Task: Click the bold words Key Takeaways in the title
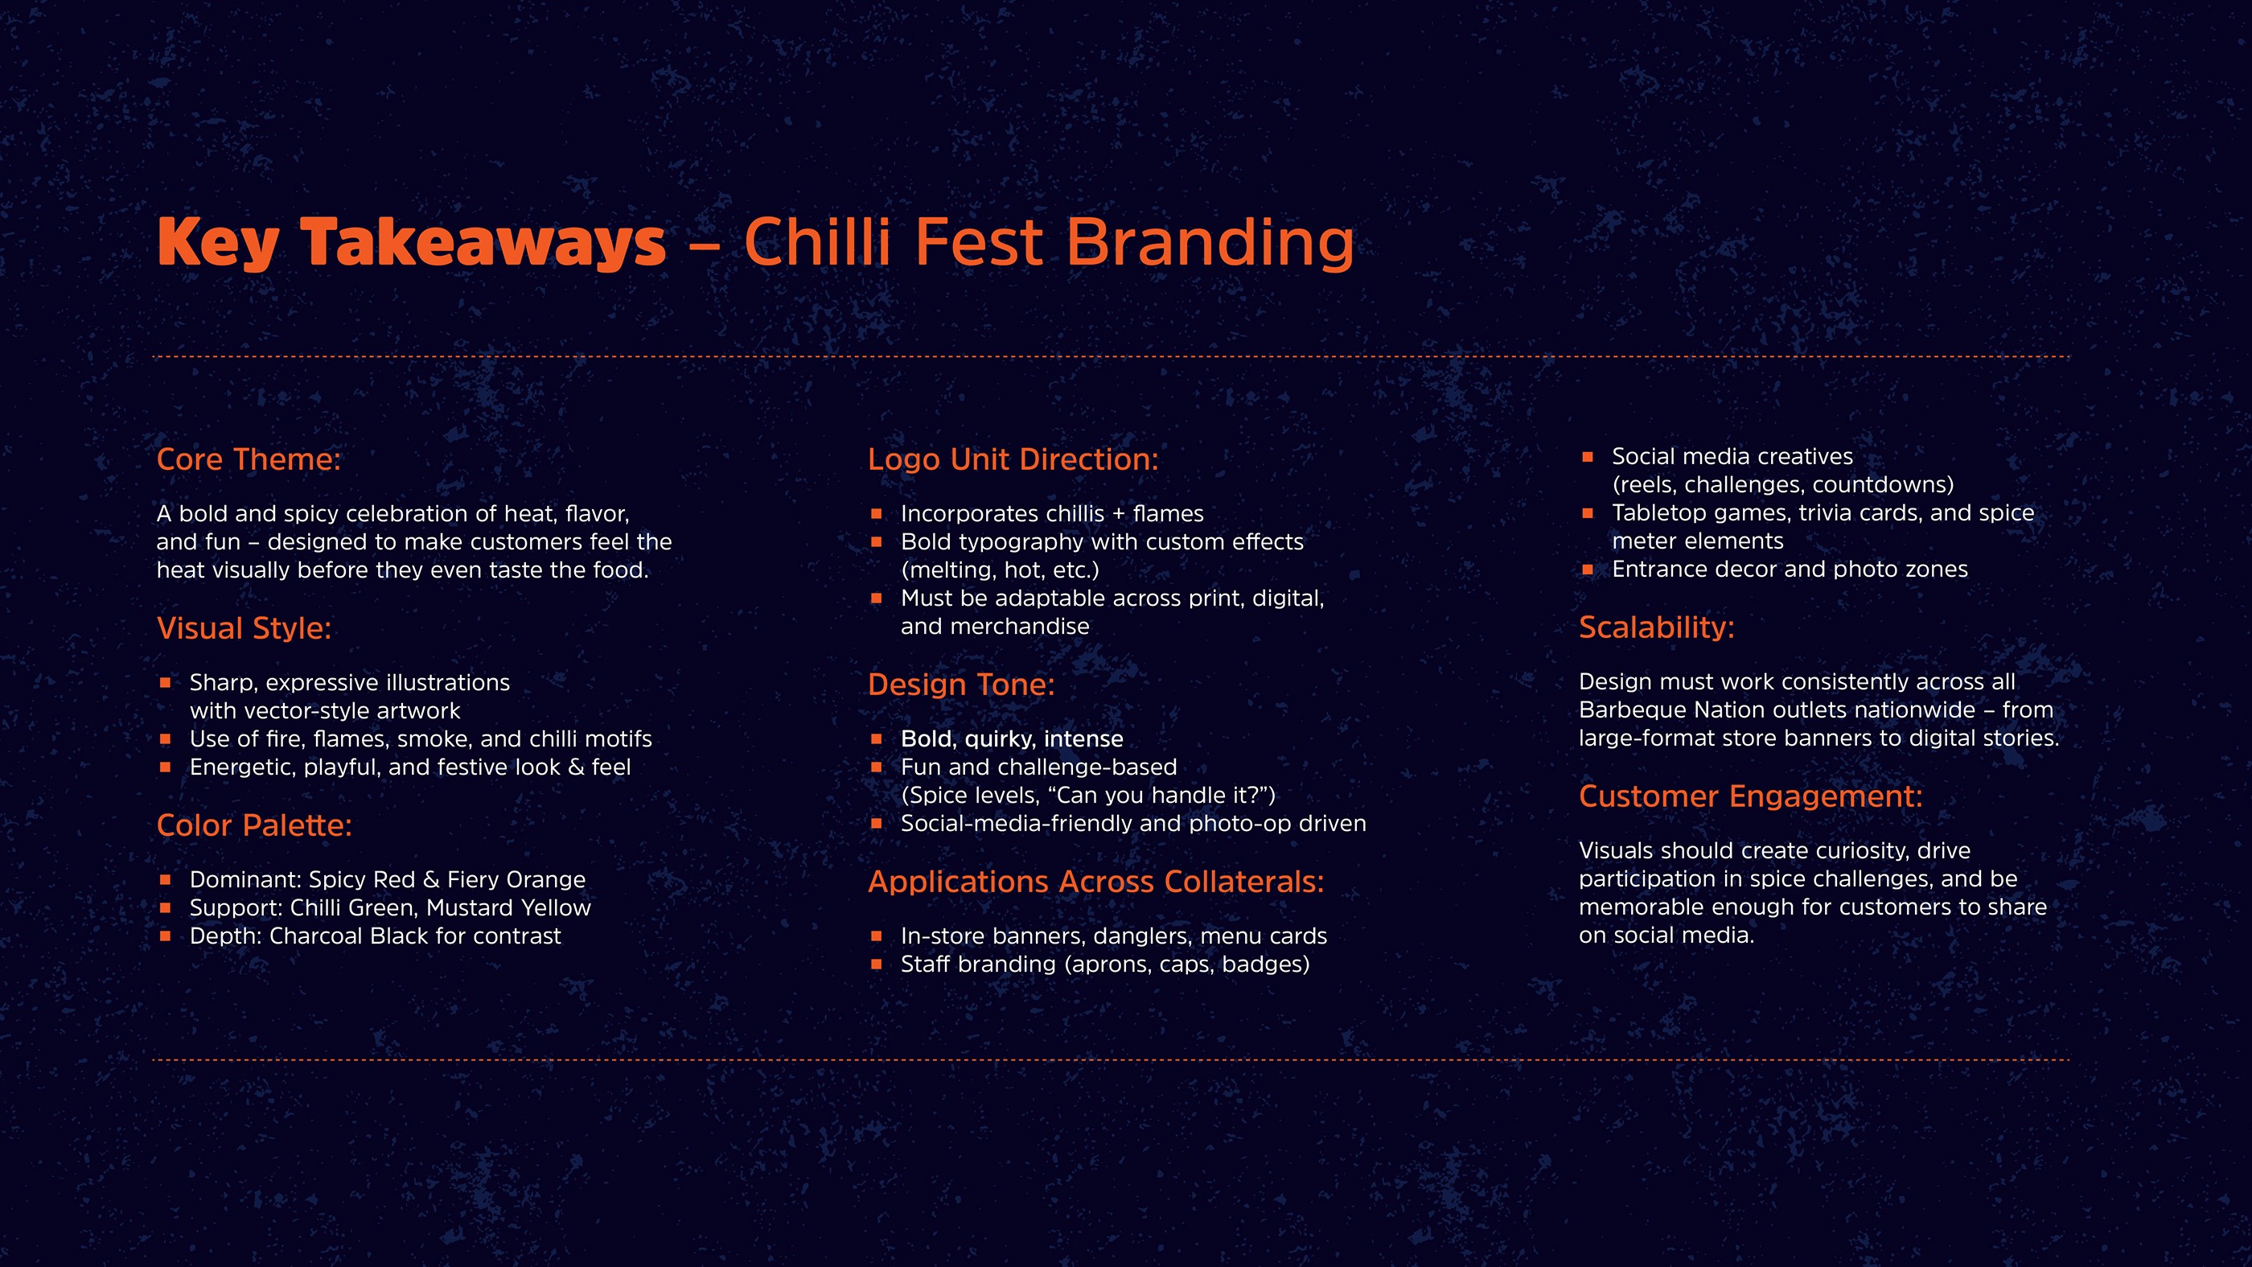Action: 411,243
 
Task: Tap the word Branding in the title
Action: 1210,242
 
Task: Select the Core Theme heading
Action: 249,459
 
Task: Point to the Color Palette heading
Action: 253,825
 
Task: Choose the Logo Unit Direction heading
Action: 1013,459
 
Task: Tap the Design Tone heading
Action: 961,685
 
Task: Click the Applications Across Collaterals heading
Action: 1095,882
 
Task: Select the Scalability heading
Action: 1657,627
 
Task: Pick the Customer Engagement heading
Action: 1750,796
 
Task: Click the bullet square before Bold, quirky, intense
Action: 876,738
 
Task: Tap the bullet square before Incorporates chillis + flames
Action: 876,514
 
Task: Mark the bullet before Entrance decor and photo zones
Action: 1588,570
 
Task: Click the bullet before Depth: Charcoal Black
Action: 165,936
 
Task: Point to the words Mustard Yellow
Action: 509,907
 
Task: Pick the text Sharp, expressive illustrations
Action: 350,683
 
